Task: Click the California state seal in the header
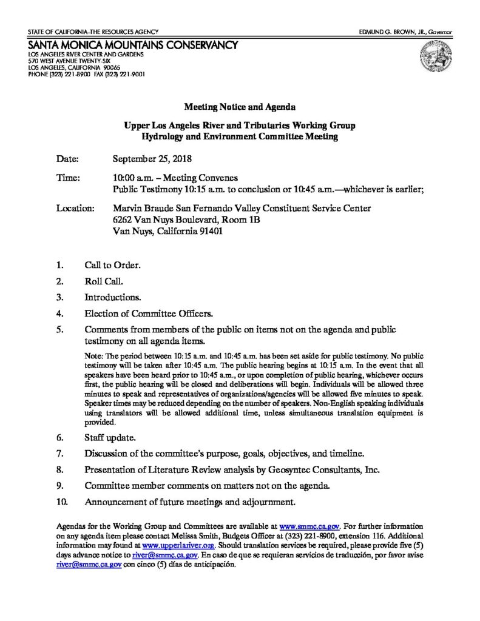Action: point(432,58)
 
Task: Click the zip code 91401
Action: point(209,231)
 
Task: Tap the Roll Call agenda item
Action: point(104,281)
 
